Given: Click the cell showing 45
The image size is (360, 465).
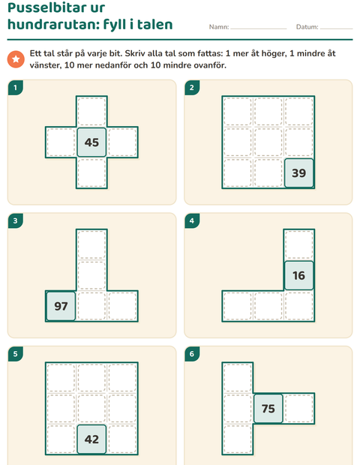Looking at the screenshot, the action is coord(91,142).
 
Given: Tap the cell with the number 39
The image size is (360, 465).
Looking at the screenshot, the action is coord(299,173).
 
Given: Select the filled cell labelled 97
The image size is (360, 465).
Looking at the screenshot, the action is coord(61,306).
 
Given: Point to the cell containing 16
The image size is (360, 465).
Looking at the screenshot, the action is coord(299,275).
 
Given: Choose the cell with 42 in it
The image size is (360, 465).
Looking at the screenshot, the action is coord(91,439).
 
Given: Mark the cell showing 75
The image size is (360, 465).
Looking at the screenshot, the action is coord(268,409).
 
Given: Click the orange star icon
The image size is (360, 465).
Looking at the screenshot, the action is coord(16,59).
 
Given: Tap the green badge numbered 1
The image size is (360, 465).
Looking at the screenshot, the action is coord(16,88).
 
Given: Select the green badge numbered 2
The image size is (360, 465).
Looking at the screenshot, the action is coord(192,88).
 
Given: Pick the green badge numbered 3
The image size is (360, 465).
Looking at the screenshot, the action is coord(16,220).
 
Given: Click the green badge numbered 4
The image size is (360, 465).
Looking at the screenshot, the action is coord(192,220).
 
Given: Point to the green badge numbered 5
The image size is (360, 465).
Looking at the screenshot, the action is coord(16,354).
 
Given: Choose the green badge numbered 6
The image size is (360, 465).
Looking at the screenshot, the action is coord(192,354).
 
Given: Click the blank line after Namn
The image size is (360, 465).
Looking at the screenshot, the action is coord(259,28).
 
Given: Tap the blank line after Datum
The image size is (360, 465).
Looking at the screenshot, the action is coord(336,28).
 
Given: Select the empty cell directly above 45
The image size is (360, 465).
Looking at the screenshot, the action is coord(91,112).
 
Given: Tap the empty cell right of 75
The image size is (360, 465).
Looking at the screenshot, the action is coord(299,409).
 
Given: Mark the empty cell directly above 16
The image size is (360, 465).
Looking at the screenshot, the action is coord(299,244).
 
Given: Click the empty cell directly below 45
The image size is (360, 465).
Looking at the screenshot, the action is coord(91,173).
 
